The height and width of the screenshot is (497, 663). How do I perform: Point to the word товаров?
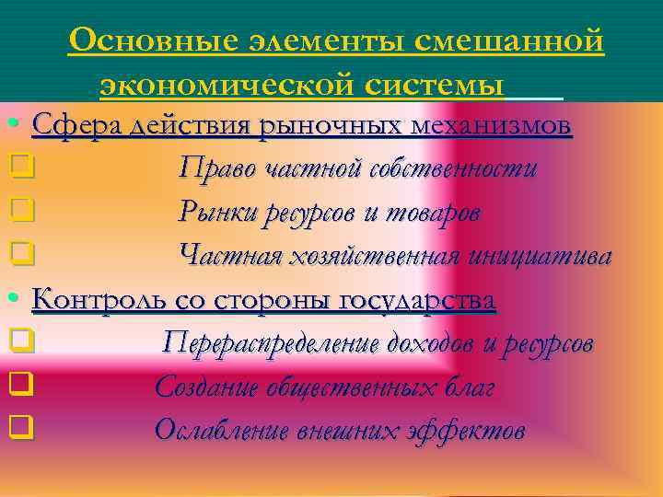click(x=432, y=211)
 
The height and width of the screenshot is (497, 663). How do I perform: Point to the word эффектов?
click(x=469, y=431)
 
